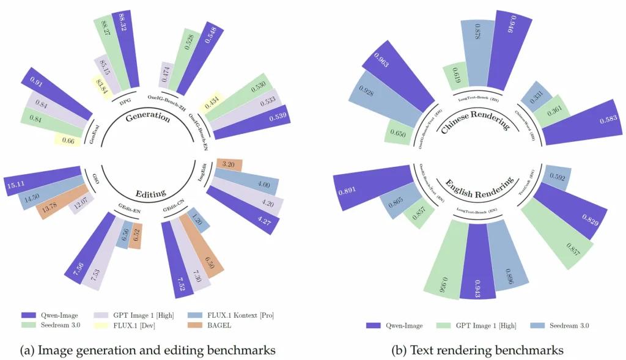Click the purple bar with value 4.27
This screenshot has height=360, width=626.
(x=245, y=210)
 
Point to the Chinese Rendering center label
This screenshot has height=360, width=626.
(x=483, y=116)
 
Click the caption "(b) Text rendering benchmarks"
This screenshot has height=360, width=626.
(x=477, y=350)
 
